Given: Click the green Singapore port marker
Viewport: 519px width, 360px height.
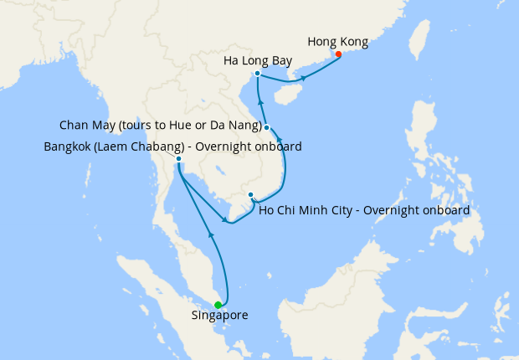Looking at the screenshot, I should pos(218,305).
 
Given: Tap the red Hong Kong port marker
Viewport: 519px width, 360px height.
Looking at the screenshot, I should pos(338,54).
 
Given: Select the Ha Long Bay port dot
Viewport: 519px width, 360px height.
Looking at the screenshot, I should pos(257,74).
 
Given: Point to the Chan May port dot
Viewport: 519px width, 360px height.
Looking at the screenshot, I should pos(266,127).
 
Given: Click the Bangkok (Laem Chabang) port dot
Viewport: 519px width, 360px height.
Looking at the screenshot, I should pos(178,158).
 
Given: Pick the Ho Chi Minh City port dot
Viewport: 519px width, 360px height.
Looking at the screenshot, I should pos(250,195).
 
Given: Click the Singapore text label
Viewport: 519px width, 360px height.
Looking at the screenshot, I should pos(219,316).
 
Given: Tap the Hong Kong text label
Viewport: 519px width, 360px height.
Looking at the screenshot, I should pos(337,41).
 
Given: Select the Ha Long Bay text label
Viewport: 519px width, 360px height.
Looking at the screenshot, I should pos(258,61).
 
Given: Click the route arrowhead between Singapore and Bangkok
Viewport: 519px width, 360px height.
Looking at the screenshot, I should pos(212,238).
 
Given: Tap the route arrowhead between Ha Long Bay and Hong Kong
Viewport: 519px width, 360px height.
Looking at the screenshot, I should pos(303,78).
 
